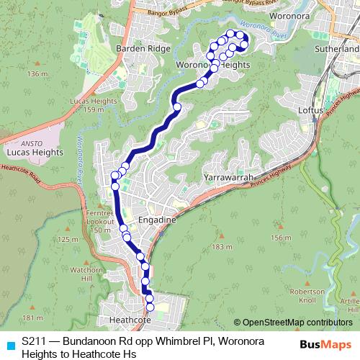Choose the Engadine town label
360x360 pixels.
coord(157,220)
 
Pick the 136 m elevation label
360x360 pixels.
coord(37,74)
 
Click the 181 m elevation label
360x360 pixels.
coord(32,318)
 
